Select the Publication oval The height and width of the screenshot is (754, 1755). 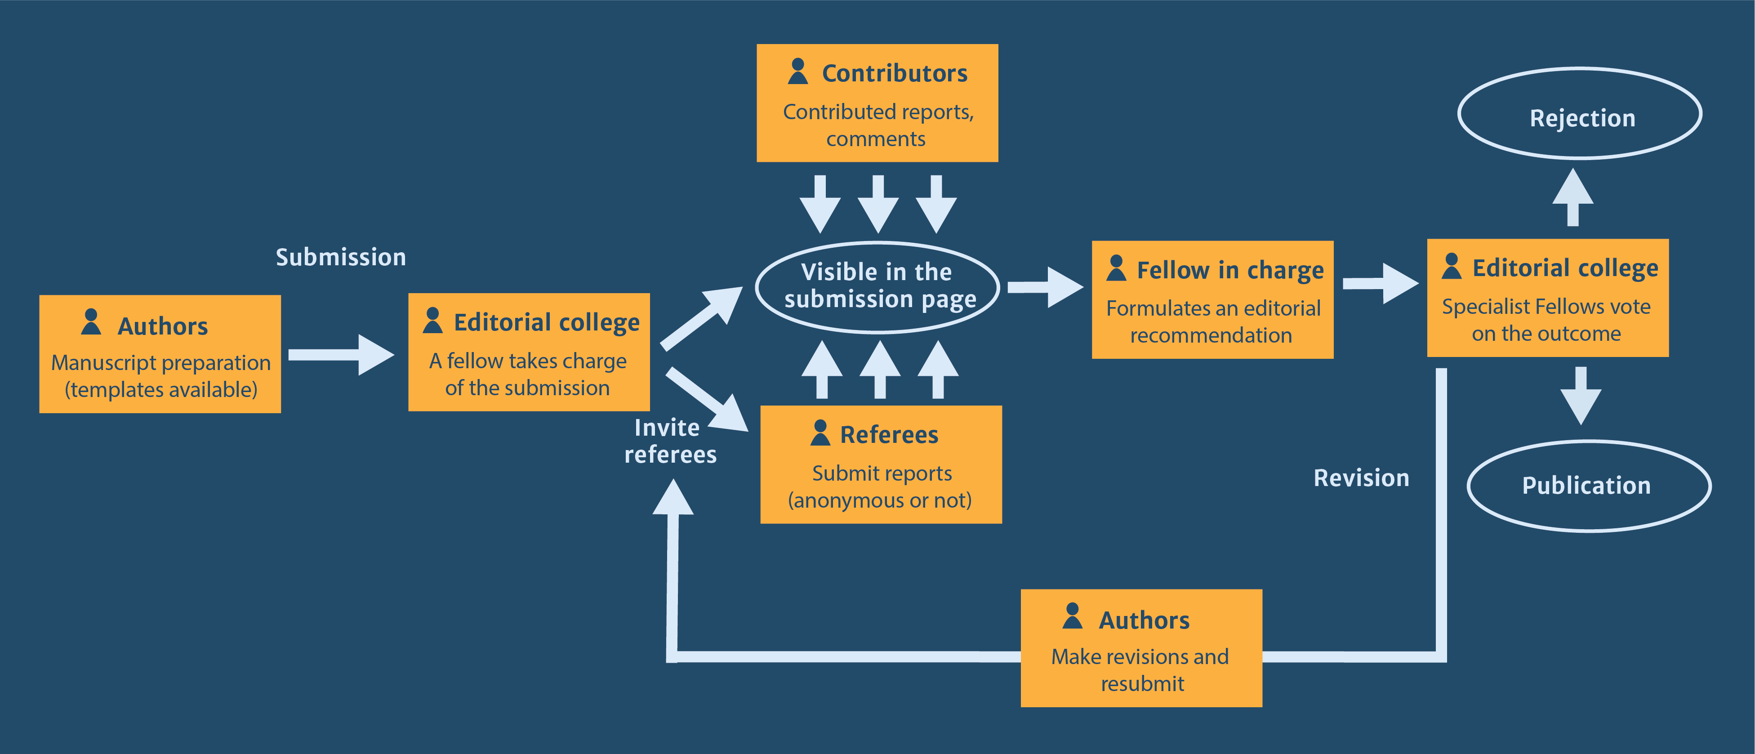pyautogui.click(x=1588, y=486)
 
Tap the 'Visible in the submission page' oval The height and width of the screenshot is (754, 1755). pyautogui.click(x=877, y=287)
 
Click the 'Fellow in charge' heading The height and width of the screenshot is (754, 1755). pyautogui.click(x=1230, y=270)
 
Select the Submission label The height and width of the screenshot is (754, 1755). pyautogui.click(x=341, y=258)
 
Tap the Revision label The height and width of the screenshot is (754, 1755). pyautogui.click(x=1361, y=478)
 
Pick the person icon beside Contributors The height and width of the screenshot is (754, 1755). pyautogui.click(x=798, y=71)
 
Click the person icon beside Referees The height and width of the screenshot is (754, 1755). pyautogui.click(x=820, y=433)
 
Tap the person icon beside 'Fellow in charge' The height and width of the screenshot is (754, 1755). pyautogui.click(x=1116, y=268)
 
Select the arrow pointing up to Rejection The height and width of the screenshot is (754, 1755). pyautogui.click(x=1572, y=197)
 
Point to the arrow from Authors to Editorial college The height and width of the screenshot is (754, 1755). pyautogui.click(x=341, y=354)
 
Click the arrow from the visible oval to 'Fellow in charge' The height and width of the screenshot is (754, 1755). pyautogui.click(x=1044, y=287)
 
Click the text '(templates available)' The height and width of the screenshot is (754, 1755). pyautogui.click(x=161, y=390)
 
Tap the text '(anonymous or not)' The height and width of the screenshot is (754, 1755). pyautogui.click(x=880, y=500)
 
